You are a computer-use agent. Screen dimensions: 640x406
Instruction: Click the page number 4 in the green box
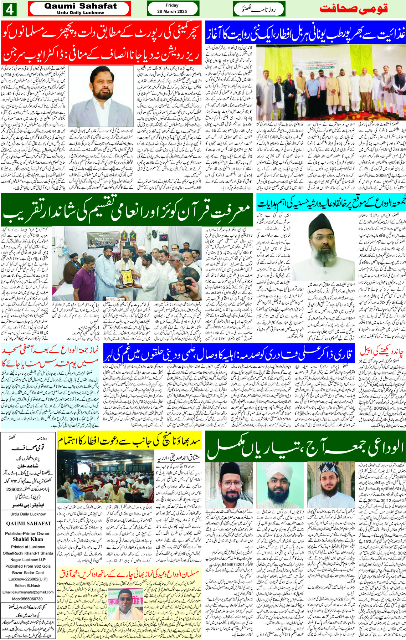[9, 10]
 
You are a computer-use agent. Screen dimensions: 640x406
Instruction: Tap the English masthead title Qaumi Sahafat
[80, 6]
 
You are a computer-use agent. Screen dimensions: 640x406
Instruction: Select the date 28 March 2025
[172, 11]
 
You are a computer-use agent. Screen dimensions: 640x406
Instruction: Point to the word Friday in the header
[172, 5]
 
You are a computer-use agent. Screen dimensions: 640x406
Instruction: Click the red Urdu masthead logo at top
[353, 9]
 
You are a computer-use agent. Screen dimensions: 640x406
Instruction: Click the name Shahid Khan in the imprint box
[28, 539]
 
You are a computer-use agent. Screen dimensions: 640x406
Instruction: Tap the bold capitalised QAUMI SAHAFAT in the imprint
[29, 523]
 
